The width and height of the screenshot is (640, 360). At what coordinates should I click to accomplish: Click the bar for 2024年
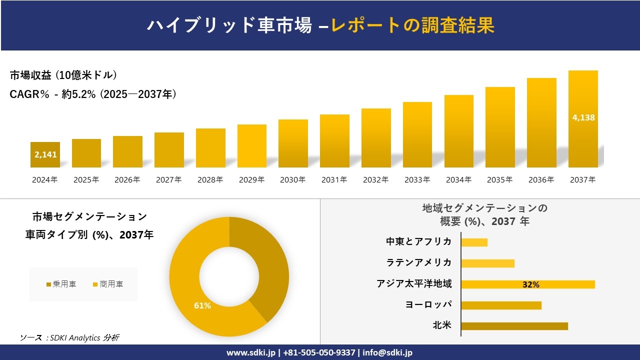[x=45, y=154]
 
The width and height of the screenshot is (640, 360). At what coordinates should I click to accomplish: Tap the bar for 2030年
[x=293, y=143]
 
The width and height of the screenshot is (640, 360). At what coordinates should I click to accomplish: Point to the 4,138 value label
[x=583, y=118]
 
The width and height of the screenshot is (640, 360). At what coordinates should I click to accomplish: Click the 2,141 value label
[x=45, y=154]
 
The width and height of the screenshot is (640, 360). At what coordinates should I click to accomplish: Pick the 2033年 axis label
[x=417, y=180]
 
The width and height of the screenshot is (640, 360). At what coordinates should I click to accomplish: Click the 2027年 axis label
[x=168, y=180]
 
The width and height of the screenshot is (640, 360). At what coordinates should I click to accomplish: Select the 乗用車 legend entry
[x=61, y=284]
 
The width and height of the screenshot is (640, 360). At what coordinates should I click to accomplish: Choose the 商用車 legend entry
[x=108, y=284]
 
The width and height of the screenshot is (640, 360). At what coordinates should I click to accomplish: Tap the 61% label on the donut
[x=202, y=305]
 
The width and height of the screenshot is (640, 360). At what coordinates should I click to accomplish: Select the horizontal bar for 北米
[x=514, y=326]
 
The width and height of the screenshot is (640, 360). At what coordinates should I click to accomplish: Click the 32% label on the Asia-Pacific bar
[x=530, y=284]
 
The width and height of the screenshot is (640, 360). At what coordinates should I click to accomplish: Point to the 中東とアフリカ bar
[x=474, y=242]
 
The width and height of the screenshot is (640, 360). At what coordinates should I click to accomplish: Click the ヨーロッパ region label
[x=428, y=305]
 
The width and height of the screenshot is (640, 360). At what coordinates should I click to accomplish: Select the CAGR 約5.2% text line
[x=93, y=94]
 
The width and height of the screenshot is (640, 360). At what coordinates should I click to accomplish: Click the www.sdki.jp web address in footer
[x=250, y=352]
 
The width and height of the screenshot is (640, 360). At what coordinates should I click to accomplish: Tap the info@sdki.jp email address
[x=387, y=352]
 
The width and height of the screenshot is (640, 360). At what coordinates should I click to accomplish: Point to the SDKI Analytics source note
[x=69, y=338]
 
